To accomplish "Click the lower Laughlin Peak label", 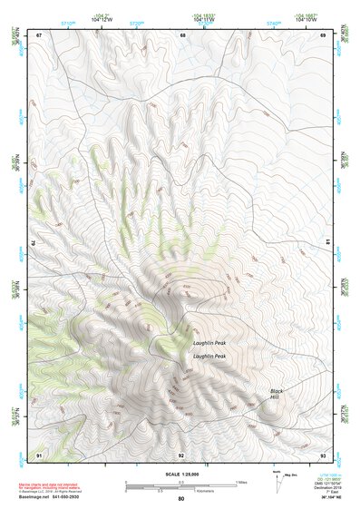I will point(209,357).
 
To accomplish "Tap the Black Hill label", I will point(277,395).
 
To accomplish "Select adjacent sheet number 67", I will point(39,34).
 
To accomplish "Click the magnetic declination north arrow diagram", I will point(277,481).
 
